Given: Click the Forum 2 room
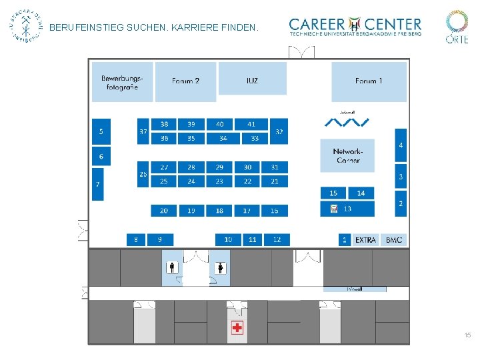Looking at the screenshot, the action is (185, 81).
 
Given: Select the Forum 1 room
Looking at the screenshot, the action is (369, 81).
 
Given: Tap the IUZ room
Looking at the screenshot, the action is (252, 79).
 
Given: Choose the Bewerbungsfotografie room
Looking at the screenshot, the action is (122, 82).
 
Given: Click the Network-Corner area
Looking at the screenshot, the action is (347, 155).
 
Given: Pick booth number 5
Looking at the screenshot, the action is (101, 132).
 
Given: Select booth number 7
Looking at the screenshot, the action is (98, 183).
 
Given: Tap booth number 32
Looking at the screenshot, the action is (279, 132).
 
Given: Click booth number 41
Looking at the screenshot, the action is (251, 124).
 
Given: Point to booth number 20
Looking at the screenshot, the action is (164, 211).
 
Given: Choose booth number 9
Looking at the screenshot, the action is (159, 239).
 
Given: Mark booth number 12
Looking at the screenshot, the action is (277, 239).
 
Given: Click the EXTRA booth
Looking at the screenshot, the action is (366, 239).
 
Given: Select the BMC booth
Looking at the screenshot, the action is (394, 239).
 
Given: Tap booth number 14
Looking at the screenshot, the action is (361, 193).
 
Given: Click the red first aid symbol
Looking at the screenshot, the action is (237, 327).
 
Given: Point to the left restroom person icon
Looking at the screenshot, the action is (172, 268).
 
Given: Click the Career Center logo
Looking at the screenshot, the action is (355, 27).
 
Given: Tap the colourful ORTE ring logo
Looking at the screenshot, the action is (457, 21).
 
